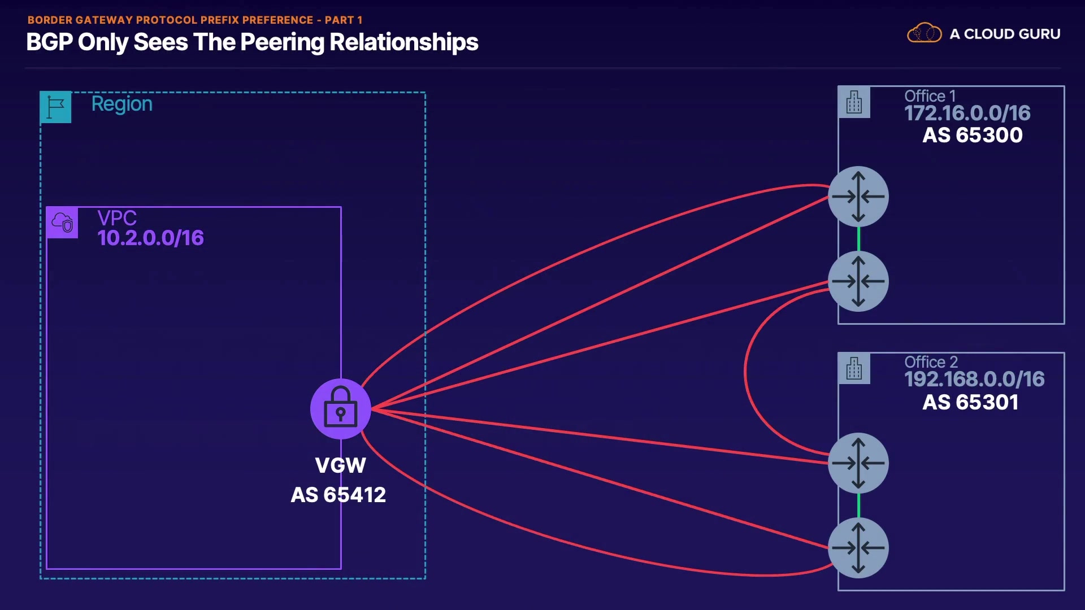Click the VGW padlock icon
[341, 409]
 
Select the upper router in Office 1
[858, 197]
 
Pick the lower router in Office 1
[858, 281]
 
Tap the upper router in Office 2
[858, 463]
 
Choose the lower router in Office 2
[858, 548]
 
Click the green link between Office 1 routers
[859, 239]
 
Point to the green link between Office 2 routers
[859, 506]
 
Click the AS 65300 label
[973, 135]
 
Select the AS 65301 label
[971, 402]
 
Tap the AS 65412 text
[338, 495]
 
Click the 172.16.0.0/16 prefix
[967, 113]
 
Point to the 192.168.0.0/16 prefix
[974, 379]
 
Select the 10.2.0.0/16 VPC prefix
[150, 238]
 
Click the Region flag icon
[56, 107]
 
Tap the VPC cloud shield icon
[62, 223]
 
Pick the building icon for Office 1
[854, 102]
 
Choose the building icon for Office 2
[854, 369]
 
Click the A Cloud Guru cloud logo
[925, 33]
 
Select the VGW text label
[341, 465]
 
